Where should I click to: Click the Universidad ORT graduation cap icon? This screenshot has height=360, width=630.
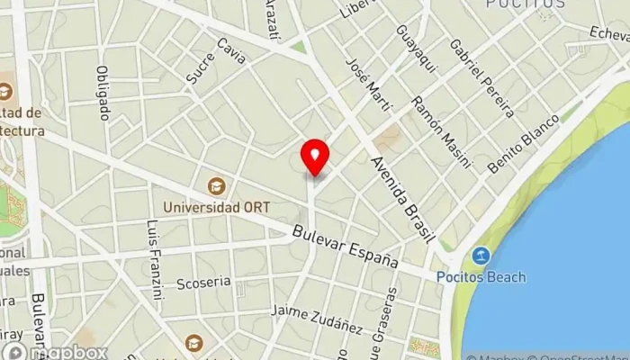pyautogui.click(x=216, y=186)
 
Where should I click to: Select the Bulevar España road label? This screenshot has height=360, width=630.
pyautogui.click(x=346, y=246)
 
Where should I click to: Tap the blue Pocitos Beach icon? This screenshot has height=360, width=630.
pyautogui.click(x=481, y=256)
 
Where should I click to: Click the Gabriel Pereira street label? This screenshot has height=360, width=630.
pyautogui.click(x=481, y=78)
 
